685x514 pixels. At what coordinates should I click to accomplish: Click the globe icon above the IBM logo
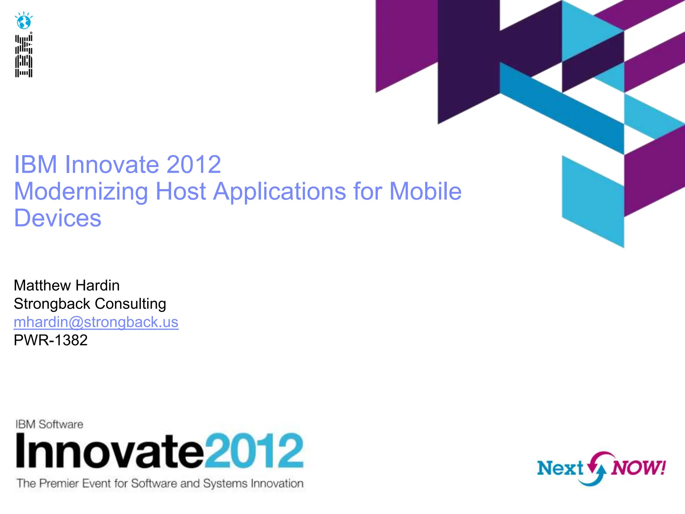(24, 21)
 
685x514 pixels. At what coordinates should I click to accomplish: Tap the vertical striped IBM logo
(24, 56)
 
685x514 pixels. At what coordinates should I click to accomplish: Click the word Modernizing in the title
(81, 191)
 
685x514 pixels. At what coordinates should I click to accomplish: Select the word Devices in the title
(58, 218)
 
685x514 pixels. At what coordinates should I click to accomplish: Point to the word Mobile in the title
(425, 191)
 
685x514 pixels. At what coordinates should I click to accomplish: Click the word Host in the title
(181, 191)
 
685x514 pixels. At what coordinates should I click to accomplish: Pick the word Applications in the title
(280, 192)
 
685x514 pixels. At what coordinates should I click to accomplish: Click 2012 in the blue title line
(194, 165)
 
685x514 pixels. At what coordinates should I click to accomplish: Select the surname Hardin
(98, 285)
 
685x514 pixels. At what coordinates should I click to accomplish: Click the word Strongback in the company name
(52, 304)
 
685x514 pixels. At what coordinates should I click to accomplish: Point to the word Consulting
(130, 304)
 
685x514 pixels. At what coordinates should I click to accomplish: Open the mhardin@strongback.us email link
(96, 322)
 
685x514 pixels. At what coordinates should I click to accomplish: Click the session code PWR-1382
(51, 340)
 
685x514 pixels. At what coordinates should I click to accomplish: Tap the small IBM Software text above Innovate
(50, 424)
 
